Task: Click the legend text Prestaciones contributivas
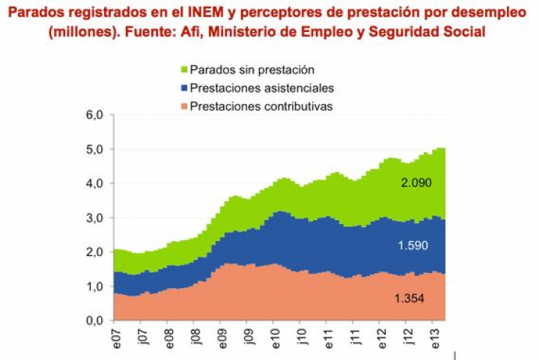coord(261,106)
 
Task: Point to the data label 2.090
coord(415,182)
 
